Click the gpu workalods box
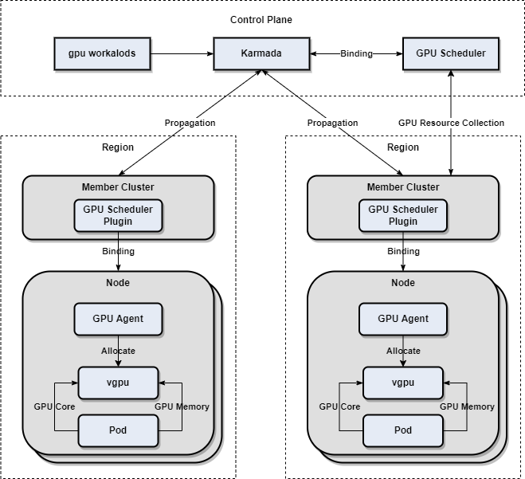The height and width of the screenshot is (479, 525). click(102, 53)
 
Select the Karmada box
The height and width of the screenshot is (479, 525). click(261, 53)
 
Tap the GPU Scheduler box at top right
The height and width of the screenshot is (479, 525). click(451, 53)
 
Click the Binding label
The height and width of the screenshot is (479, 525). click(356, 53)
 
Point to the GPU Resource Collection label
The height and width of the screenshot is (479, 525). click(451, 123)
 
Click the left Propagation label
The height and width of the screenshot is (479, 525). click(190, 123)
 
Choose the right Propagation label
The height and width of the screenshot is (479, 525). click(332, 123)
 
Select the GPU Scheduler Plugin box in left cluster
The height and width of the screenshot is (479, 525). click(118, 215)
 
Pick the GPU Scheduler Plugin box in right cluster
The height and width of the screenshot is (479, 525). click(403, 215)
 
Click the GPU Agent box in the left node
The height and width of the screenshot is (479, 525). click(118, 319)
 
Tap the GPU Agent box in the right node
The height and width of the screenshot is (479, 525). click(403, 319)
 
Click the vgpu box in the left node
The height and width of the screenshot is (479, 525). click(118, 383)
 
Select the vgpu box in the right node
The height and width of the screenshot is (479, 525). click(403, 383)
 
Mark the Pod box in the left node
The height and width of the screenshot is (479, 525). click(118, 430)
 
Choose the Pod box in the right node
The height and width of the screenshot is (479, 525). click(403, 430)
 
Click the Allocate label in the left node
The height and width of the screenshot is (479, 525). click(118, 351)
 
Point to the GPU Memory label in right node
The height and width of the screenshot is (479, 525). click(467, 406)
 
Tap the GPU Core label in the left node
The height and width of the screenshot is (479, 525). click(54, 406)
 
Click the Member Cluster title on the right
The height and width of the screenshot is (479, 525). click(403, 187)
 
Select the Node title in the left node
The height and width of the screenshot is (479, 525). click(118, 283)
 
